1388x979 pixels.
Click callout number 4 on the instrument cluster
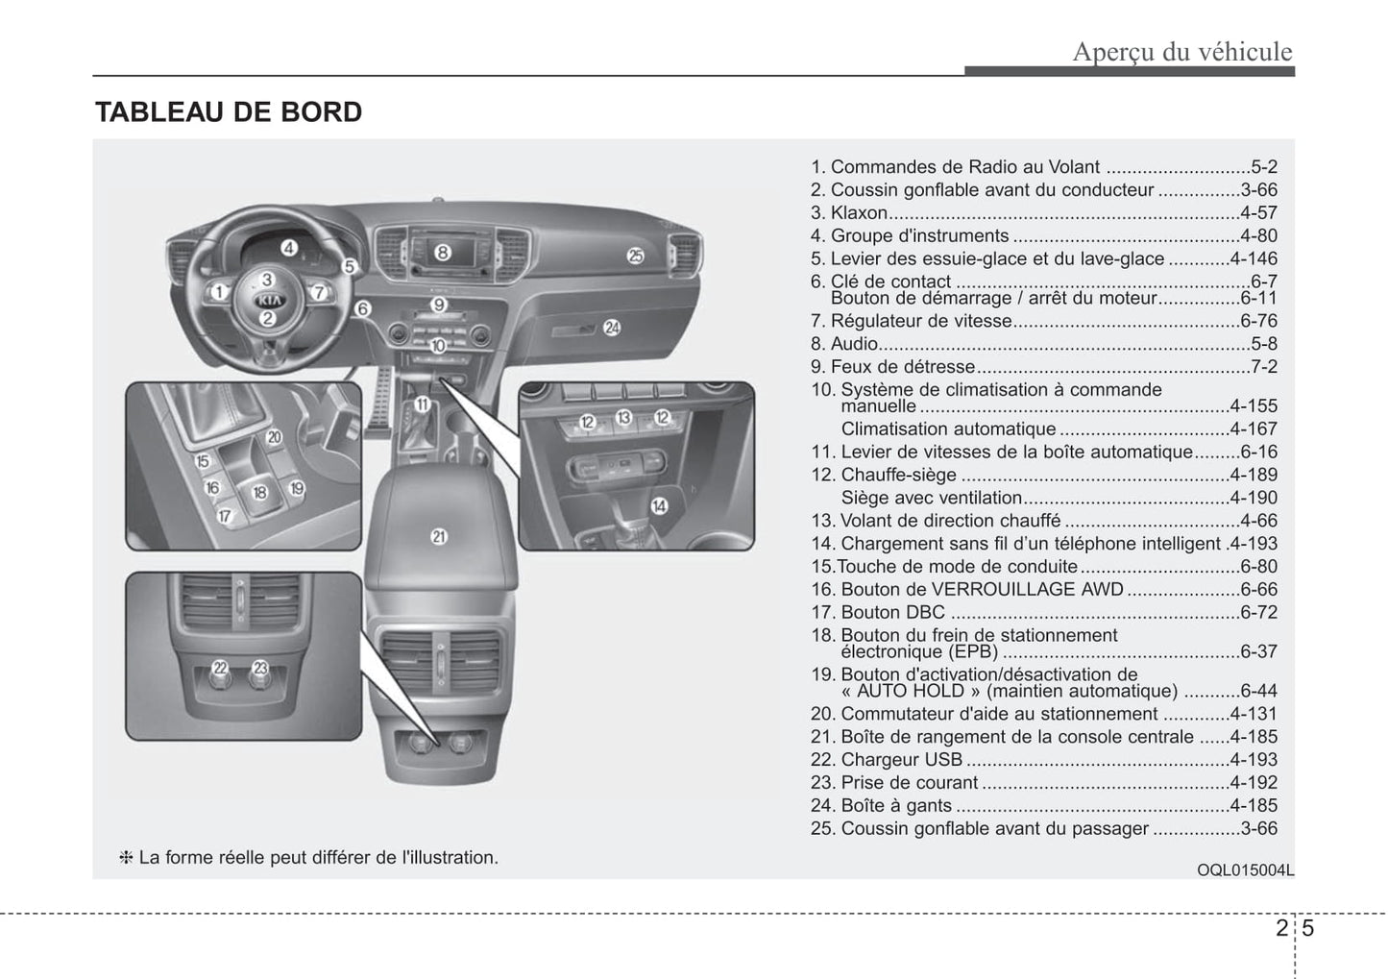coord(288,248)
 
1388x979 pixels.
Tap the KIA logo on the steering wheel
coord(268,300)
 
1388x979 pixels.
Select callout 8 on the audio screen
coord(442,253)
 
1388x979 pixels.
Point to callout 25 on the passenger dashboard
coord(635,255)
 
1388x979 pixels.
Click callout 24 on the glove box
coord(612,328)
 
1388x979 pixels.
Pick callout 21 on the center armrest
coord(439,536)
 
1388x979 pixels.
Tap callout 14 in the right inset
coord(659,506)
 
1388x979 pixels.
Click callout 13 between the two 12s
coord(624,417)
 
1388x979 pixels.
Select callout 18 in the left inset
coord(259,493)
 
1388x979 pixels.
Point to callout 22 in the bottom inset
coord(220,667)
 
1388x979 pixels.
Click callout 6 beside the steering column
coord(362,308)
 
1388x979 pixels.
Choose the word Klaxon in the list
coord(859,213)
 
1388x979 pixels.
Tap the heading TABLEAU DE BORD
coord(229,112)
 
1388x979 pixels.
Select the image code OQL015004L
coord(1245,870)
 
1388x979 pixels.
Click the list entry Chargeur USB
coord(901,760)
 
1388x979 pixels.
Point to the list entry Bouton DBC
coord(892,613)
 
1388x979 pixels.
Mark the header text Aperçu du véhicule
coord(1181,52)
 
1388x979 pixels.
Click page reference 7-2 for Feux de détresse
coord(1264,367)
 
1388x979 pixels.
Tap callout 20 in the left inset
coord(274,437)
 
